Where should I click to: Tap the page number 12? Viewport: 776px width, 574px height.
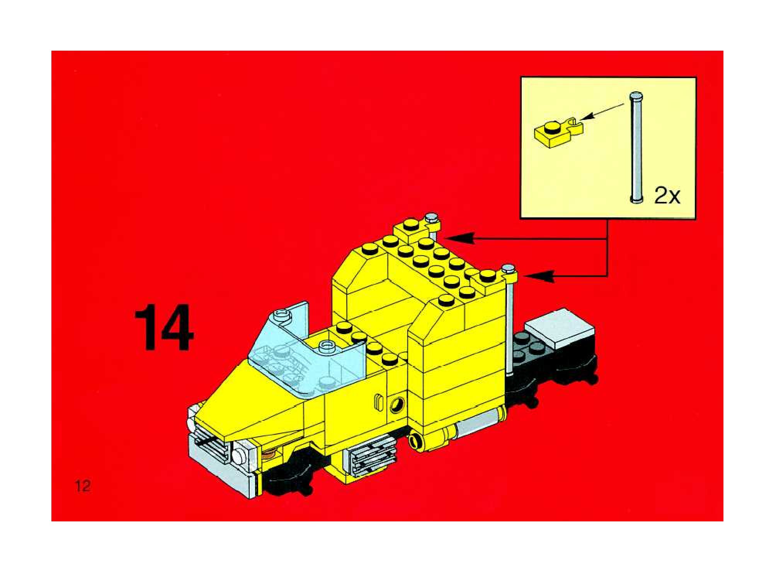click(x=83, y=485)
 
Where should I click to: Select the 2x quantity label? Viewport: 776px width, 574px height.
click(x=667, y=196)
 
